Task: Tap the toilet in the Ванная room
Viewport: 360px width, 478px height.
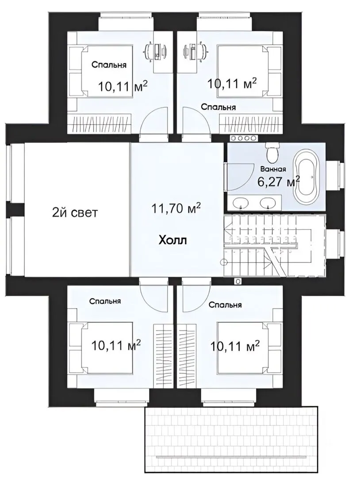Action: pos(272,152)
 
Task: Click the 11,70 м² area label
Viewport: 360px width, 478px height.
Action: pos(176,208)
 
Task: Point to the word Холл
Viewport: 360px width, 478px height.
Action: pos(172,240)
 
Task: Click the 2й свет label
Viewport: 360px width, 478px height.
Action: pos(75,212)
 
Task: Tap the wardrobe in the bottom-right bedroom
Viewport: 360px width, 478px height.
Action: pos(187,355)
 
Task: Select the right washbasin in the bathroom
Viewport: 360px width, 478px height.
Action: pos(267,201)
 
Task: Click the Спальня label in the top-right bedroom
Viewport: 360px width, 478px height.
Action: pos(218,107)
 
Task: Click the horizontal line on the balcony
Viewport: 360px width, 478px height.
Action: pos(232,456)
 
